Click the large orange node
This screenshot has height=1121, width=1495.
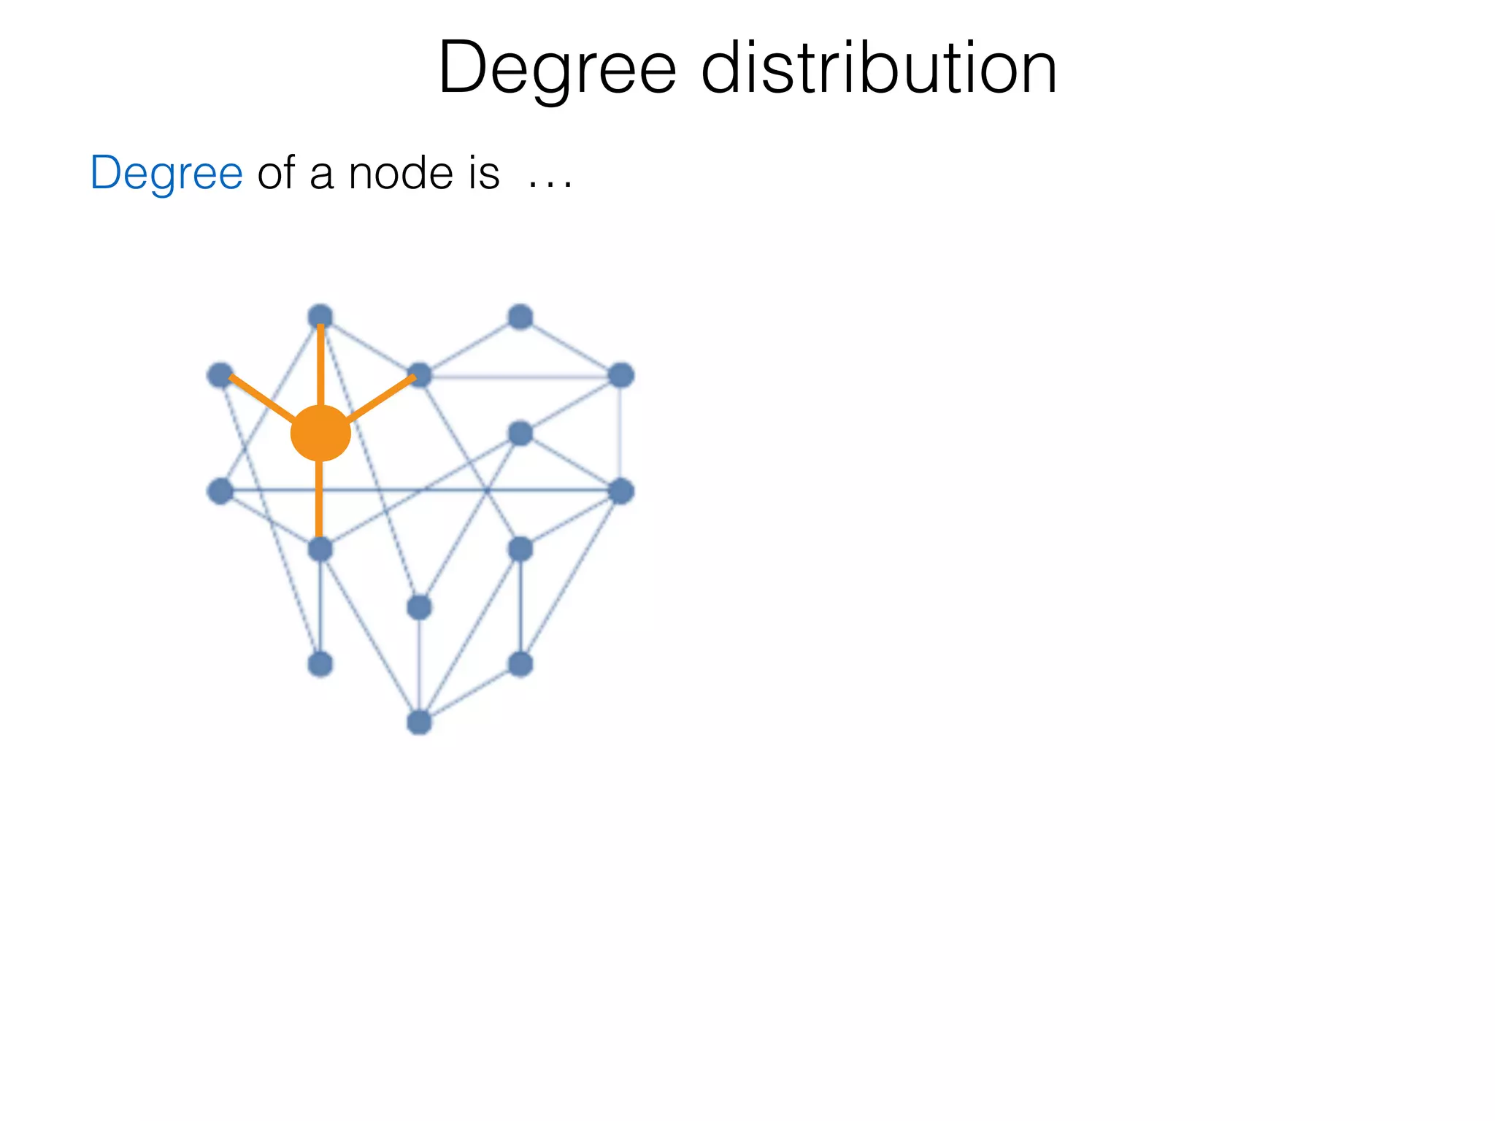(320, 434)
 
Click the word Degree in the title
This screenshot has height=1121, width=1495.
(557, 69)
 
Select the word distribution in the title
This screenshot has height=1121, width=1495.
(879, 69)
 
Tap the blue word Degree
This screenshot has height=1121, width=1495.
(166, 174)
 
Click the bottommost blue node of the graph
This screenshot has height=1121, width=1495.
(419, 723)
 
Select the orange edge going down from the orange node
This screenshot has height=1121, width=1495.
(319, 500)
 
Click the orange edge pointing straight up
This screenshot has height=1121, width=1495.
(320, 365)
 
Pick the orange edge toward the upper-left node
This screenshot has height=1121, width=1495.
(261, 398)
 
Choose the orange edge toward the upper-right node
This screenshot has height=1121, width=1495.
(382, 398)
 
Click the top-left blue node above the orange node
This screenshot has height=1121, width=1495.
(320, 317)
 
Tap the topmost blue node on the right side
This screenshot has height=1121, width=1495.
(520, 317)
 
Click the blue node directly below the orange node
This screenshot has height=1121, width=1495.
(320, 549)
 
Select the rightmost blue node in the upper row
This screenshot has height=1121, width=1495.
(620, 376)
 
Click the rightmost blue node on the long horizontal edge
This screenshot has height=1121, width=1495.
(620, 491)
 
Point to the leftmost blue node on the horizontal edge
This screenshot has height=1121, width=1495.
(220, 491)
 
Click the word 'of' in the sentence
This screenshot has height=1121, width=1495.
(276, 174)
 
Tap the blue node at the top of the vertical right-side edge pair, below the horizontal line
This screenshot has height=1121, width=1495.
(520, 549)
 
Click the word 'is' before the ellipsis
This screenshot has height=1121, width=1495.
(484, 174)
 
